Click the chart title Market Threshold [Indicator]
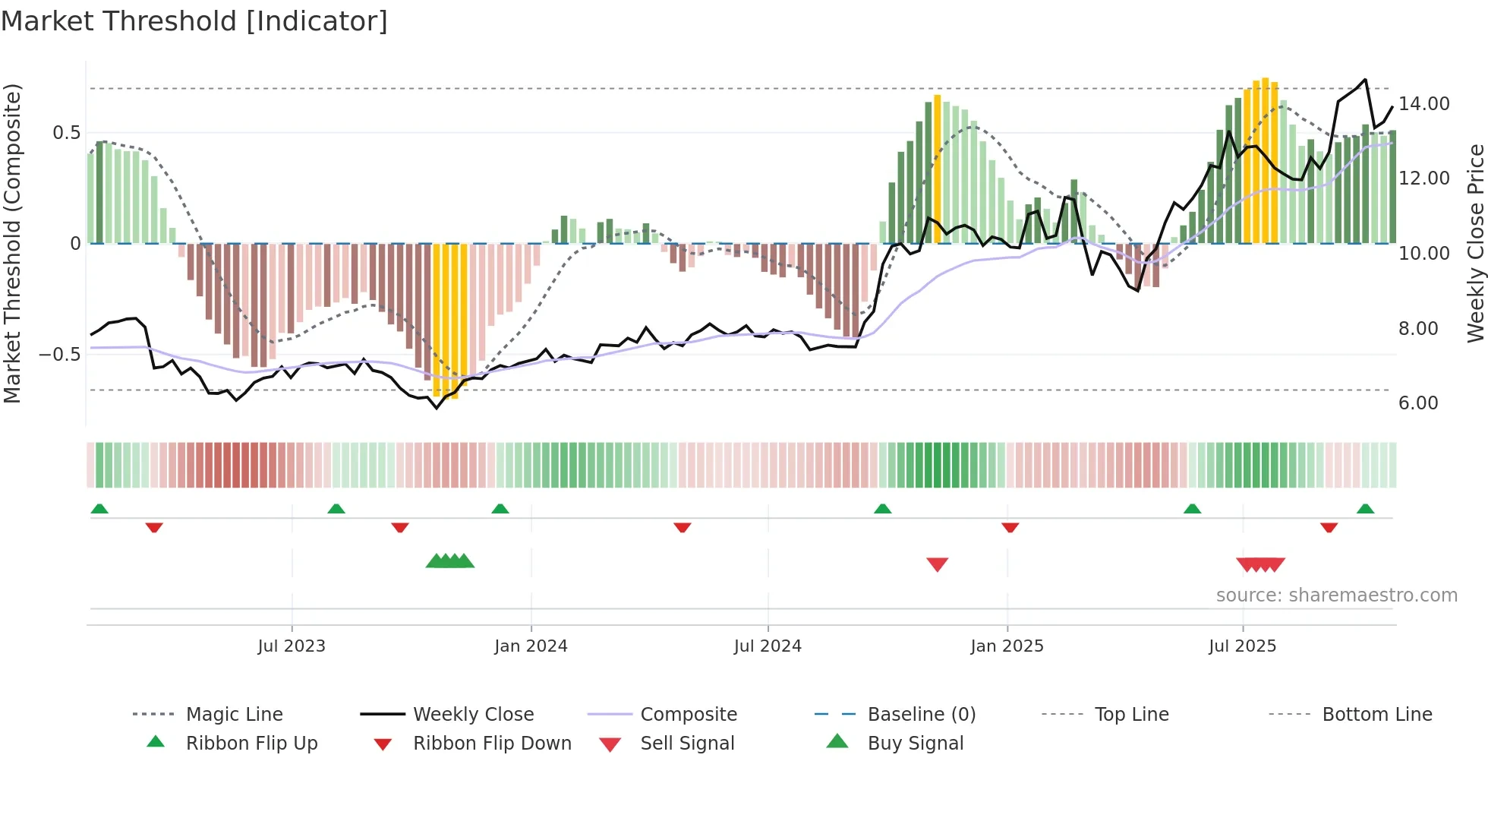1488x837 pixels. [194, 21]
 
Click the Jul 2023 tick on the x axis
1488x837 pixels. [292, 646]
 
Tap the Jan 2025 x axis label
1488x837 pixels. [1007, 646]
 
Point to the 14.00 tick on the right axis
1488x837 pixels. [1423, 103]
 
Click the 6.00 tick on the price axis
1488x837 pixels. [1418, 403]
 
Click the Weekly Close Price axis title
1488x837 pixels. [1475, 243]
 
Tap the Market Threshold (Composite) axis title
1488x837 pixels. [12, 243]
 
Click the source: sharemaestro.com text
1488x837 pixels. [1336, 595]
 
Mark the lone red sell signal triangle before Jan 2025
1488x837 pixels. [938, 564]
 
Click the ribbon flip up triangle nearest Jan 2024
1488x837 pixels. [500, 509]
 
